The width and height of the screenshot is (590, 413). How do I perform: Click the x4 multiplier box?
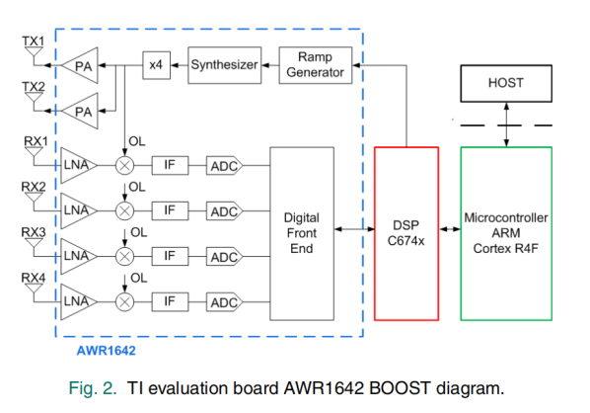(156, 65)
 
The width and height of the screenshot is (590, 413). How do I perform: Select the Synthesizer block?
(225, 65)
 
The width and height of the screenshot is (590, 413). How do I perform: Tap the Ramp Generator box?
(316, 65)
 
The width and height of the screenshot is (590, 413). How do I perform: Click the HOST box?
(506, 83)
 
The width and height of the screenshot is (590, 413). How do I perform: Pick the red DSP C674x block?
(406, 233)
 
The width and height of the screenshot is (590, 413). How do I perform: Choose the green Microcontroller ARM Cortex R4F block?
(506, 233)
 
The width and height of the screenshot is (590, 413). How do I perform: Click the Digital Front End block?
(302, 233)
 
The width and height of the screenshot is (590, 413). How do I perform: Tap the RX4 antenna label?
(34, 278)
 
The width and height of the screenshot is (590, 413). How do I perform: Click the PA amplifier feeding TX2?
(80, 112)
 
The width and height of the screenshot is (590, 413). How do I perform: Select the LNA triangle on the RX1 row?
(79, 165)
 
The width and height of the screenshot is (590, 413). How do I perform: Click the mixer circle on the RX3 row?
(124, 257)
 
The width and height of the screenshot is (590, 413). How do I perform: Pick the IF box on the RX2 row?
(170, 210)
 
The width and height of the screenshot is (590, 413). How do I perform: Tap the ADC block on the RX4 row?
(224, 302)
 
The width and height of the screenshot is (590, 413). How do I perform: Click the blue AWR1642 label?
(107, 351)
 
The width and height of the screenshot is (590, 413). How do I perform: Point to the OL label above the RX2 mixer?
(137, 188)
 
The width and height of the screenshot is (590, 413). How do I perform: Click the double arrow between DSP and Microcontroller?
(450, 229)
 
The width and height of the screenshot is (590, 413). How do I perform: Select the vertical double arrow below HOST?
(506, 124)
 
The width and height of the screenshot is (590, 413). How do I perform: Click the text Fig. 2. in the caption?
(93, 388)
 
